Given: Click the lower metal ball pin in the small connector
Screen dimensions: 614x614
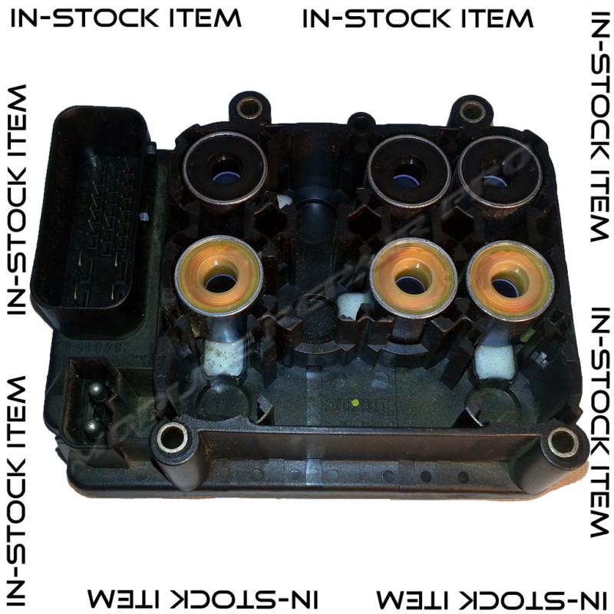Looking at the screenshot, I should click(92, 427).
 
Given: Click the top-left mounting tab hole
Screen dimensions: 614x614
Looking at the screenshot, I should click(248, 107).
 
